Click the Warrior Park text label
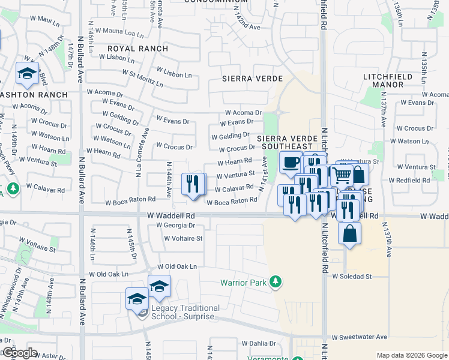tap(243, 281)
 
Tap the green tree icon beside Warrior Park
tap(276, 281)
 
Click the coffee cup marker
tap(291, 162)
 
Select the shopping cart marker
tap(342, 175)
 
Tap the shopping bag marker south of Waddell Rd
tap(349, 232)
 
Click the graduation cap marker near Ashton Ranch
tap(27, 74)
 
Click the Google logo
tap(20, 353)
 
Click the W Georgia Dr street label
tap(175, 226)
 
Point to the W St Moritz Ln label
tap(143, 78)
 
